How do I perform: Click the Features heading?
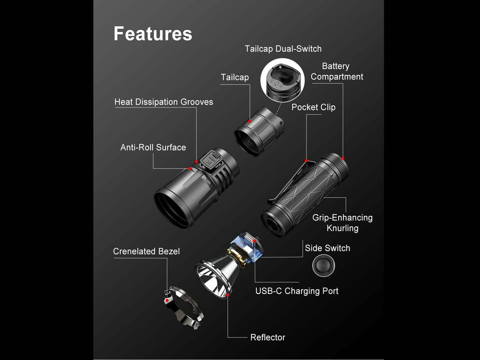pos(153,34)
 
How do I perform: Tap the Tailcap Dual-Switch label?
pos(283,49)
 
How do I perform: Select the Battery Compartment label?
pos(337,71)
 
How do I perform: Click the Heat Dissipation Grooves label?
pos(164,102)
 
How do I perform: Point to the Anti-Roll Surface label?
pos(153,147)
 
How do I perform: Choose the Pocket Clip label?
pos(313,107)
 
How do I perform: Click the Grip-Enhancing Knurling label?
pos(342,223)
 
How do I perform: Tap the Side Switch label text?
pos(327,248)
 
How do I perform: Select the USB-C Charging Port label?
pos(297,291)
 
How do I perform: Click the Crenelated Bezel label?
pos(146,251)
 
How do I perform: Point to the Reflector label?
pos(268,337)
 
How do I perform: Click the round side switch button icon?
pos(324,265)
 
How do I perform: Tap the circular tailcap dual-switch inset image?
pos(282,80)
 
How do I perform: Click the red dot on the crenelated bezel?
pos(167,300)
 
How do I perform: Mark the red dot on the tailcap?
pos(250,121)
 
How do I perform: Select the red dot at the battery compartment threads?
pos(343,158)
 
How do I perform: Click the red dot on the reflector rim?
pos(228,295)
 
